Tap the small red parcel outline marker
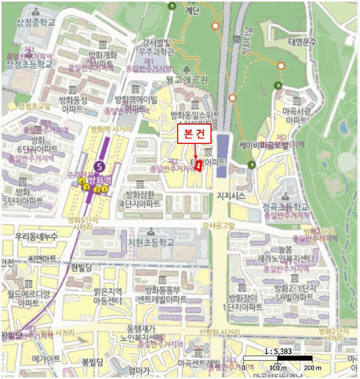[199, 166]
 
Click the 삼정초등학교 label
[30, 64]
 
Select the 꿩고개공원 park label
[188, 80]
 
